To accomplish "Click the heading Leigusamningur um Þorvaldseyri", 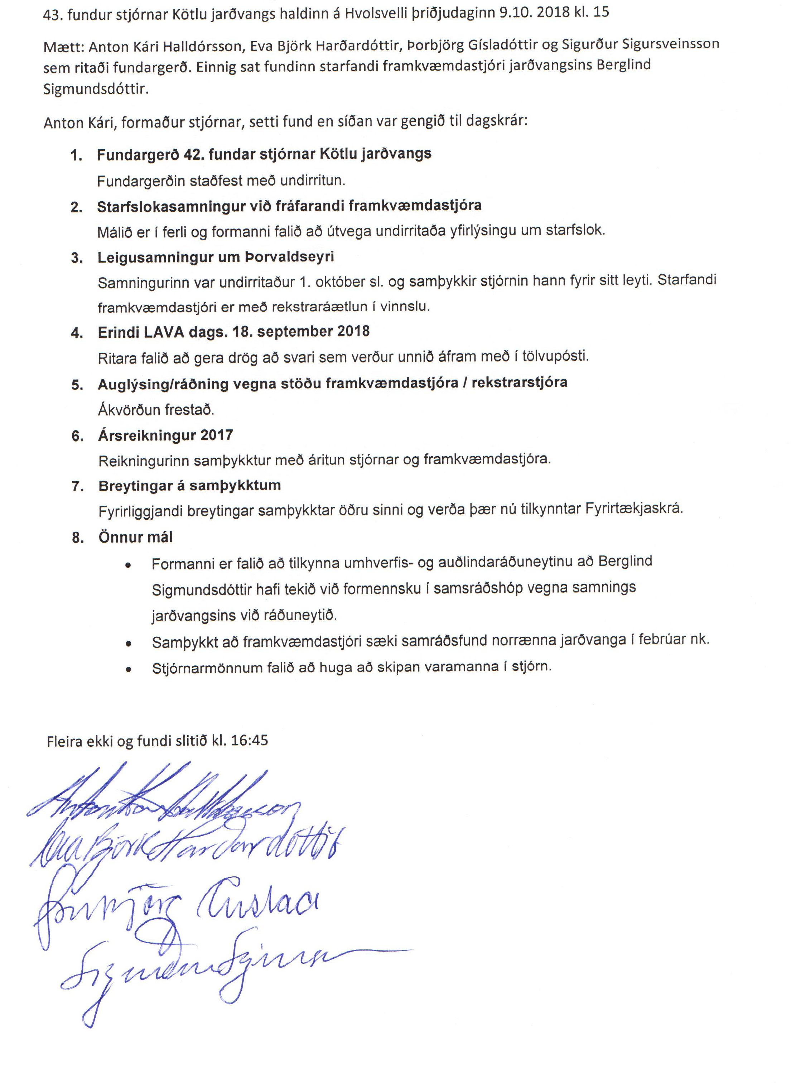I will tap(216, 257).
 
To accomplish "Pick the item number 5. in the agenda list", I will tap(77, 385).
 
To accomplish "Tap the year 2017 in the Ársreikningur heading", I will tap(216, 435).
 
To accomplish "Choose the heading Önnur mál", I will tap(135, 537).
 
